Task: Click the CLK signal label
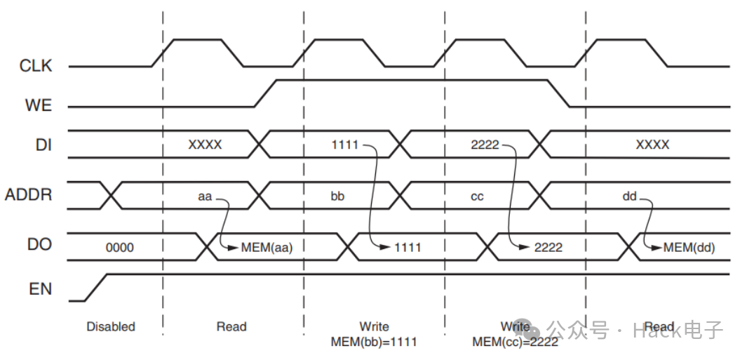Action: coord(36,66)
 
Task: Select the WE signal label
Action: coord(39,106)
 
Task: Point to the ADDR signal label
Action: coord(29,194)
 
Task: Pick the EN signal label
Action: coord(40,288)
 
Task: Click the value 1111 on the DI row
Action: coord(344,145)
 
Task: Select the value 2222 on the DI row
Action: coord(485,145)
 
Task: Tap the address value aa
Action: coord(204,196)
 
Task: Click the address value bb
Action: coord(337,196)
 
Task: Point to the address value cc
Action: coord(477,196)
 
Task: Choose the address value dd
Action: coord(629,196)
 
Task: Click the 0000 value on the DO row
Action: coord(119,248)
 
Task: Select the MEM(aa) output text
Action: coord(267,247)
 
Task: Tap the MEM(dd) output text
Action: coord(689,247)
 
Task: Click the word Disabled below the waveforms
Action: coord(111,326)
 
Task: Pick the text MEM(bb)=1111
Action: coord(374,342)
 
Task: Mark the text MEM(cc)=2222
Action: coord(516,342)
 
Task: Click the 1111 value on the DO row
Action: coord(408,247)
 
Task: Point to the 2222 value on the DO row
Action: coord(548,247)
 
